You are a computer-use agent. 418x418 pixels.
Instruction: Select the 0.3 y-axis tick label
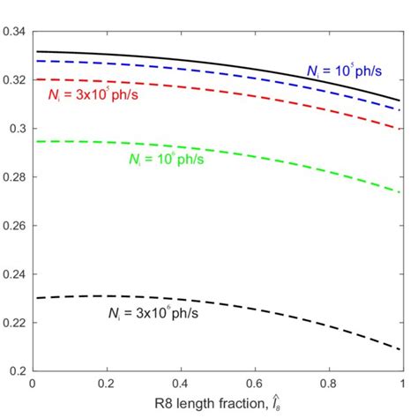pos(19,129)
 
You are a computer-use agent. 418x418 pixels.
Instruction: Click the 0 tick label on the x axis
pos(33,384)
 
